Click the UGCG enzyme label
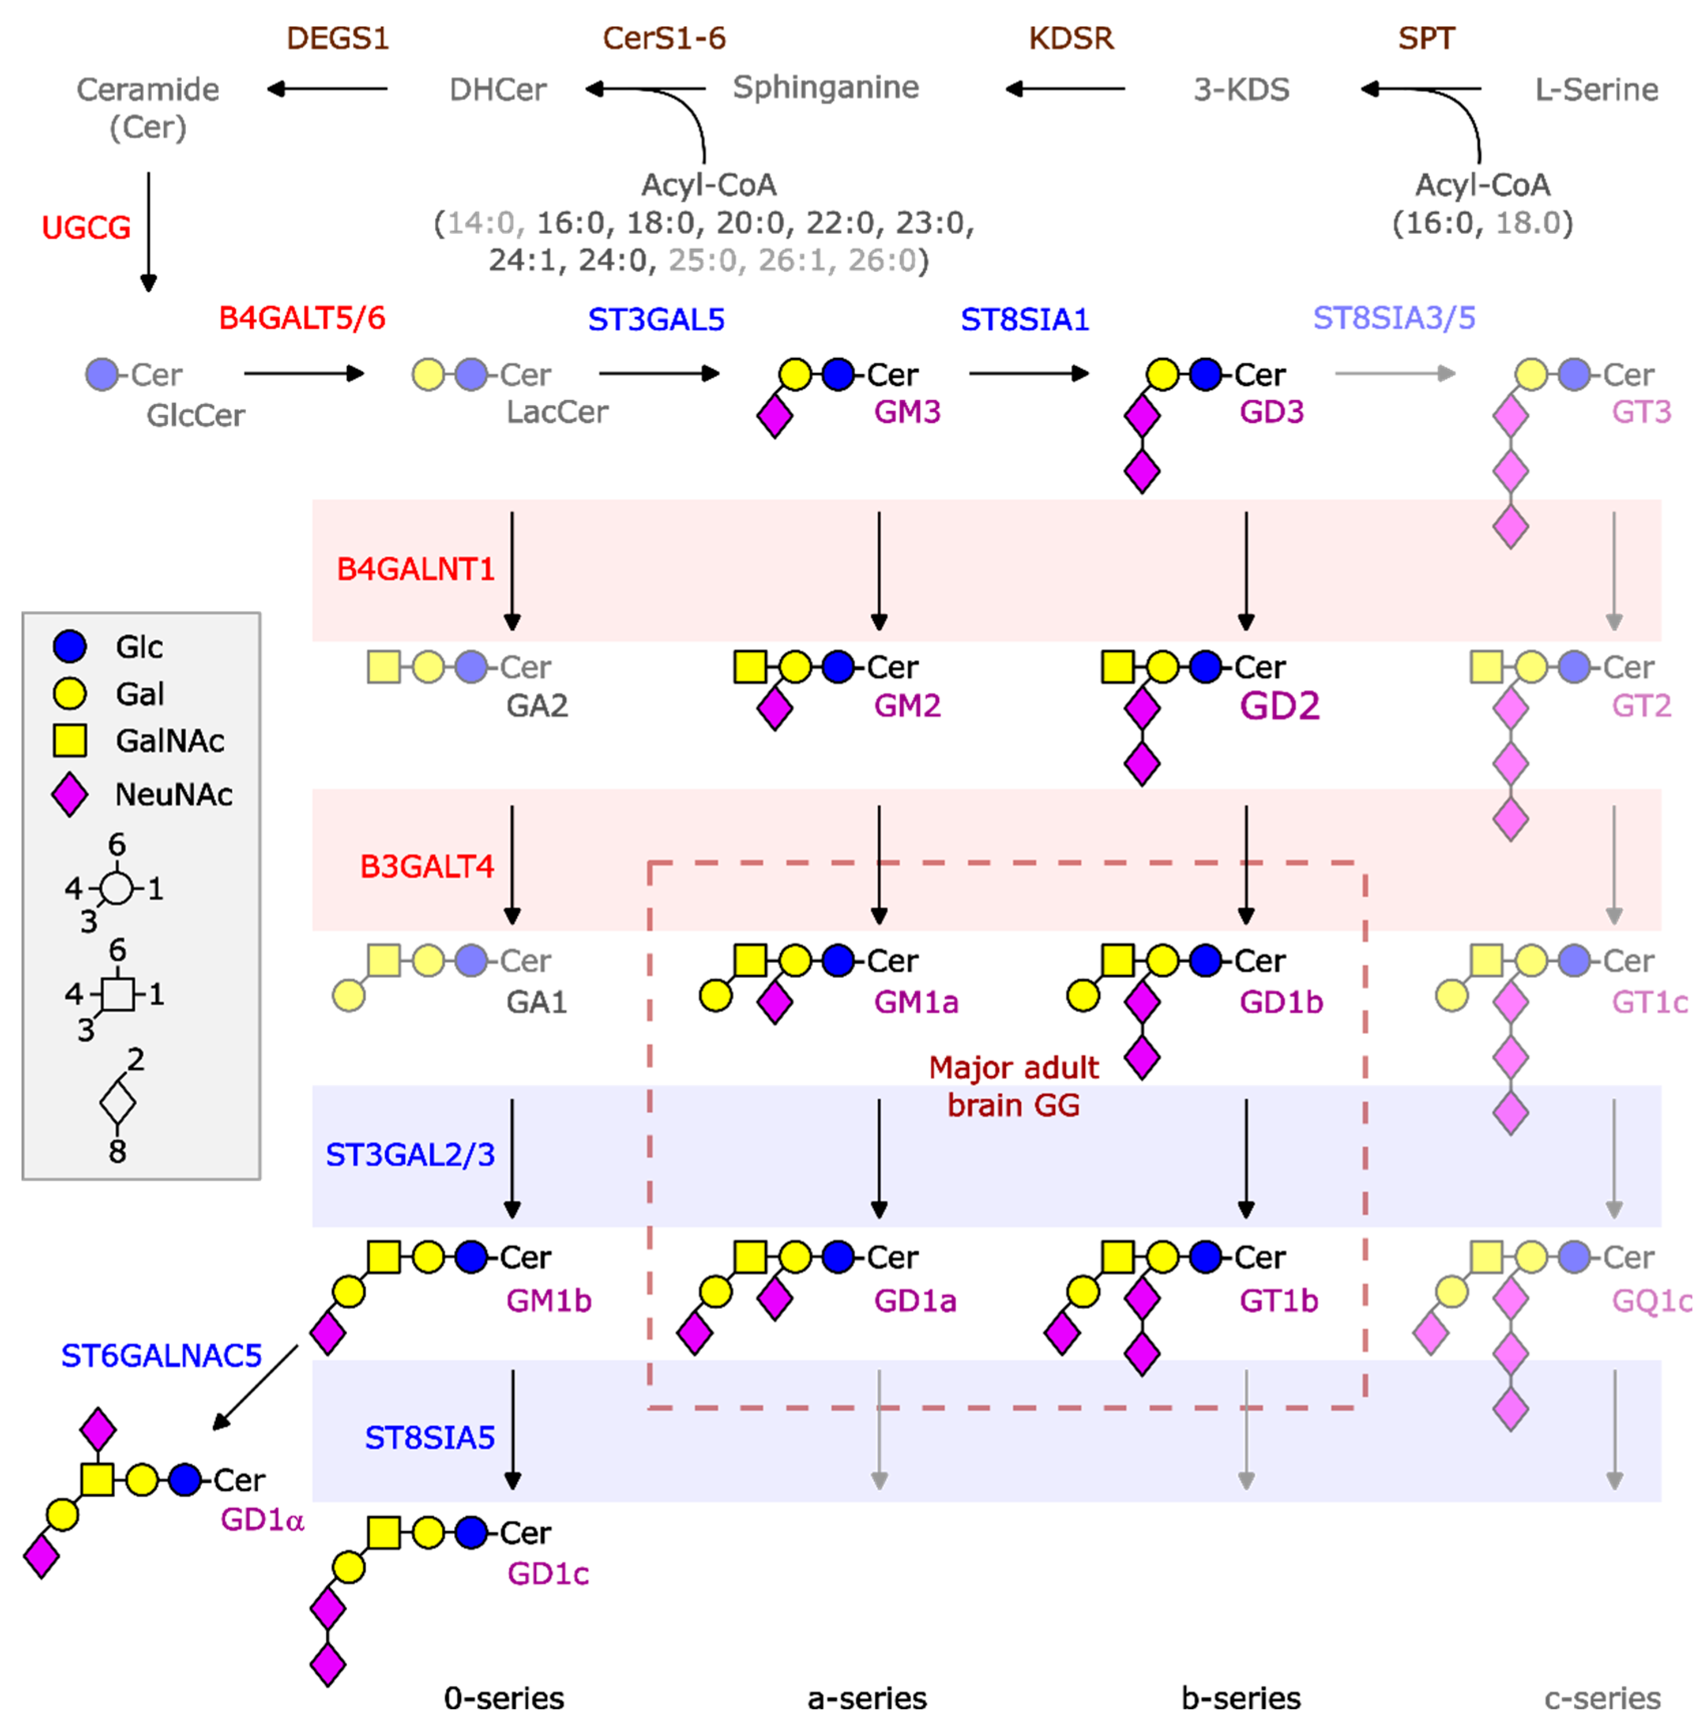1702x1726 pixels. (86, 228)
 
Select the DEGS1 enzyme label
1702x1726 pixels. (337, 39)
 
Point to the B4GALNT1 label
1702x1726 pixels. (416, 569)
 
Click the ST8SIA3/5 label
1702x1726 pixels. (1393, 318)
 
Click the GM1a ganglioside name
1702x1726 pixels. (916, 1002)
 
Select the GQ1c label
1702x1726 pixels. (1651, 1301)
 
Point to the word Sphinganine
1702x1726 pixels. (826, 88)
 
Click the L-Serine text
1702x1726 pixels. (1596, 89)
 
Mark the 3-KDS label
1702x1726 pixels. (1241, 89)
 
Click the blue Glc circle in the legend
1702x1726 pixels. (70, 646)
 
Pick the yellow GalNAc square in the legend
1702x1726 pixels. (70, 740)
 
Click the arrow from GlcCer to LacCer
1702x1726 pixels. (304, 373)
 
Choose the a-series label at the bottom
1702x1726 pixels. (867, 1697)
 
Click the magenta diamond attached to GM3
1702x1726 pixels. (775, 416)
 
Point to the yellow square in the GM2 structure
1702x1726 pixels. (750, 666)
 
